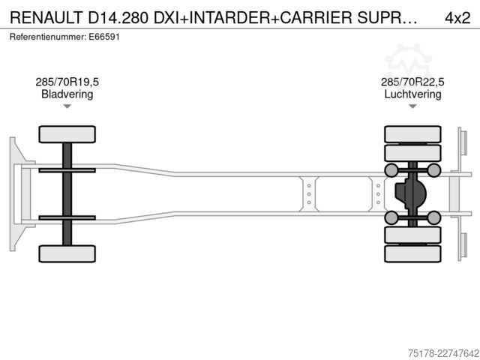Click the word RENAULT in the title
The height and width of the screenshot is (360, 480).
[46, 18]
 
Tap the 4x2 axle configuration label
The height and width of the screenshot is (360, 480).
[457, 18]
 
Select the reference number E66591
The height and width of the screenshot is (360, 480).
[104, 37]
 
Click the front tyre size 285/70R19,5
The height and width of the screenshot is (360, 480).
[67, 82]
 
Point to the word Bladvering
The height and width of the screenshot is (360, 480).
[67, 94]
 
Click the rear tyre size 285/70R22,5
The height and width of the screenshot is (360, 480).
[412, 82]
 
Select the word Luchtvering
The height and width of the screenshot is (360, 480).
[412, 94]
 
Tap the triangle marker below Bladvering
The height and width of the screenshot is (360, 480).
[67, 106]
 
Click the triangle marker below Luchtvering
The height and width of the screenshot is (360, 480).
[412, 106]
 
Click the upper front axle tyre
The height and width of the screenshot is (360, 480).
[67, 134]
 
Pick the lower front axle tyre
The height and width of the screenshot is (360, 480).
[67, 253]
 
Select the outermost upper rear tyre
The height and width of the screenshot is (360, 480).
[412, 134]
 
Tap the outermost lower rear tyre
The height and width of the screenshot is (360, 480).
[412, 253]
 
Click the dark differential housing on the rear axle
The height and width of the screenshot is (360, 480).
[410, 194]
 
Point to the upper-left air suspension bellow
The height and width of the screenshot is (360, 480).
[391, 170]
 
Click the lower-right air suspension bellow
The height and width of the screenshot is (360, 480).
[433, 217]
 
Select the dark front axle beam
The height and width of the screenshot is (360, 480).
[67, 194]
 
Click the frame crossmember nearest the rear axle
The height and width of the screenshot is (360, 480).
[378, 194]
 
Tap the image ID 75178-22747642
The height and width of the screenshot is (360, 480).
[444, 353]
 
